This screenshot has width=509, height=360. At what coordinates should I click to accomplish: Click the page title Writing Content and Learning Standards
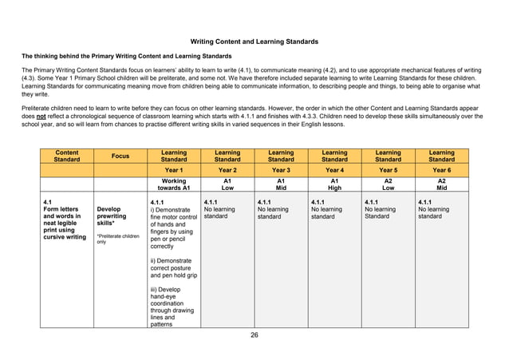[x=254, y=41]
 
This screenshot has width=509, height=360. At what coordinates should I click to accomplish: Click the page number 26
[x=254, y=334]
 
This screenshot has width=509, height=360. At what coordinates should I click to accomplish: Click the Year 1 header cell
[x=174, y=170]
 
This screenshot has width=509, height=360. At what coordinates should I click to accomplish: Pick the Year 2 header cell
[x=227, y=170]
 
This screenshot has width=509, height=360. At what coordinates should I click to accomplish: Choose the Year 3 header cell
[x=281, y=170]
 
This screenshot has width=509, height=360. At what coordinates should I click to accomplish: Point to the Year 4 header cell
[x=334, y=170]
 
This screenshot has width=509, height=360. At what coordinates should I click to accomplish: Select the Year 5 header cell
[x=388, y=170]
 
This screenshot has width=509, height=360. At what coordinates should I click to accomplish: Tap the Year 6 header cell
[x=441, y=170]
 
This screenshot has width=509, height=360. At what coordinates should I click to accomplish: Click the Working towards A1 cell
[x=174, y=184]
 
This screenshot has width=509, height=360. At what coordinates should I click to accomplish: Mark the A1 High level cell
[x=334, y=184]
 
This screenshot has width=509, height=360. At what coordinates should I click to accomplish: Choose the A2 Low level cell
[x=388, y=184]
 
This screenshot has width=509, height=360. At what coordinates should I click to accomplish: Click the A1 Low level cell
[x=227, y=184]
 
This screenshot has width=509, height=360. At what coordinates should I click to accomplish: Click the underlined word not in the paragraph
[x=36, y=114]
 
